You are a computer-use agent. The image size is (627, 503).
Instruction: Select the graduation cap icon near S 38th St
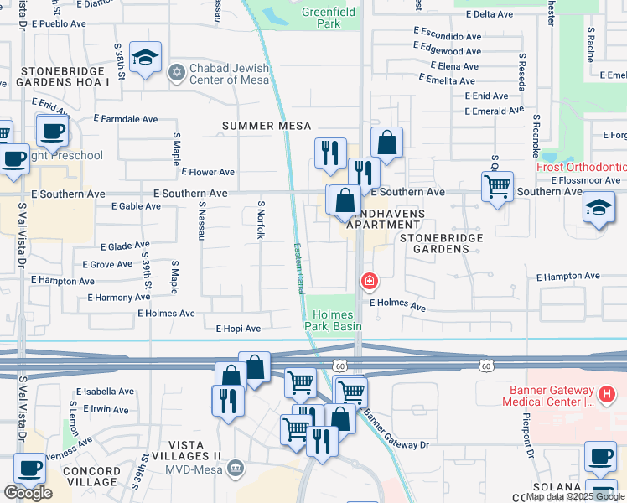[x=146, y=58]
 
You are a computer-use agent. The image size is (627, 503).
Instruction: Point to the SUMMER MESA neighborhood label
[x=260, y=126]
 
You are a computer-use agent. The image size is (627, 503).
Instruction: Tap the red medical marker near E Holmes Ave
[x=367, y=282]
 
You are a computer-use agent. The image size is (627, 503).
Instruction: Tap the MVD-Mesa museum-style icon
[x=236, y=466]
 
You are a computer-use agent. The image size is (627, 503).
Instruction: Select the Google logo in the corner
[x=28, y=493]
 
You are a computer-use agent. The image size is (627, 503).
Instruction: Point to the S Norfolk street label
[x=261, y=220]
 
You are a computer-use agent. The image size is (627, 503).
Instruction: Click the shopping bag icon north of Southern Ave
[x=386, y=143]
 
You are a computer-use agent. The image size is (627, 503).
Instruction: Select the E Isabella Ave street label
[x=105, y=392]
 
